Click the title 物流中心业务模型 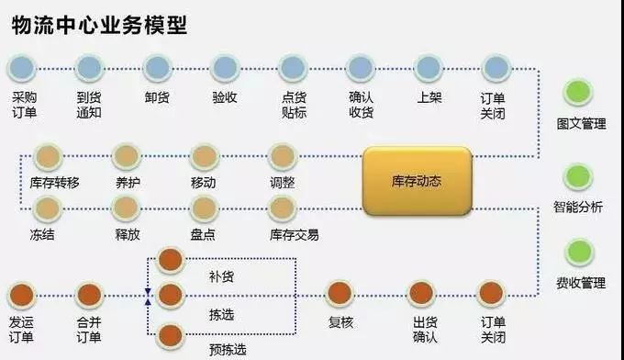[x=100, y=25]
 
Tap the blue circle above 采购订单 [x=22, y=67]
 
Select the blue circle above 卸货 [x=157, y=67]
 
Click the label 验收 [x=225, y=96]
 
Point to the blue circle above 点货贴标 [x=293, y=67]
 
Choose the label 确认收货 [x=361, y=105]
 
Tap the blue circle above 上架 [x=429, y=67]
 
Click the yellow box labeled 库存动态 [x=417, y=181]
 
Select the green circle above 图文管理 [x=579, y=92]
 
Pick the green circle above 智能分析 [x=579, y=175]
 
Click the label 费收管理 [x=581, y=283]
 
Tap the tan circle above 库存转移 [x=47, y=156]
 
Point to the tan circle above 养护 [x=126, y=156]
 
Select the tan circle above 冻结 [x=47, y=208]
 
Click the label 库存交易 [x=295, y=235]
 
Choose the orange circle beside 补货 [x=171, y=260]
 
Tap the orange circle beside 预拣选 [x=171, y=335]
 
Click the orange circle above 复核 [x=340, y=293]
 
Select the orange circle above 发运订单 [x=22, y=295]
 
